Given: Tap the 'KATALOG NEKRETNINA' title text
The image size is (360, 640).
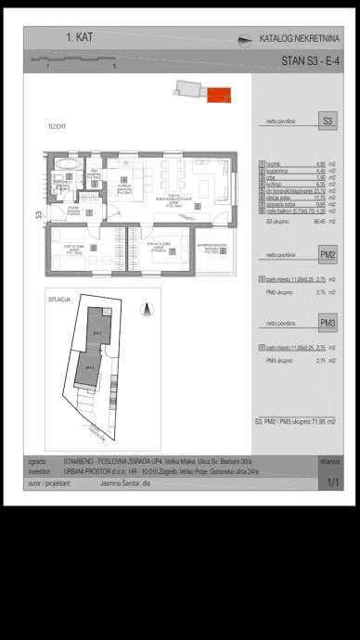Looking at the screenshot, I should [x=299, y=39].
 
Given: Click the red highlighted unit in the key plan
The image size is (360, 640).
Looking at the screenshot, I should [x=218, y=95].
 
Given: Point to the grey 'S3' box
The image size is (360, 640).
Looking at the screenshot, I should [x=328, y=121].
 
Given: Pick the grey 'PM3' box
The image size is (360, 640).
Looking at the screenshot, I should [x=328, y=322].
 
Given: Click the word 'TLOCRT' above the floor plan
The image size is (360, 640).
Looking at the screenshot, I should [x=57, y=125].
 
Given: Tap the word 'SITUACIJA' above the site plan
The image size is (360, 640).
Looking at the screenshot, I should [x=59, y=301].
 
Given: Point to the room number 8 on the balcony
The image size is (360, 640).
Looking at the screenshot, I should [x=222, y=250].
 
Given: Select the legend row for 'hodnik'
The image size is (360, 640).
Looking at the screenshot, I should [x=297, y=163].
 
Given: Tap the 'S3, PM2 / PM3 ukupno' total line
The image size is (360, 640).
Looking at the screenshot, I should [x=297, y=421].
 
